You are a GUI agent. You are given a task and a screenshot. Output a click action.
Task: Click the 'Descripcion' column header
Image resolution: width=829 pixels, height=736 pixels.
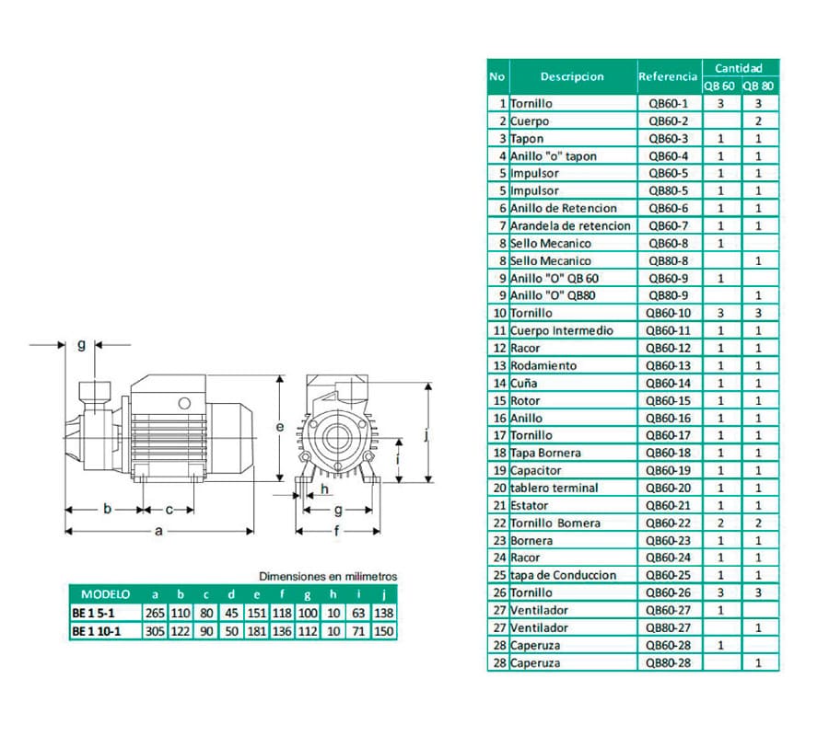[x=572, y=76]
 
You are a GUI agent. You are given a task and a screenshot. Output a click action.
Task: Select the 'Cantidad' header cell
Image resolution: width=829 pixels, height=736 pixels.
[x=740, y=68]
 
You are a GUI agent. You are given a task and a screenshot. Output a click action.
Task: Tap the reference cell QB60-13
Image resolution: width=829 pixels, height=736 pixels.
[x=668, y=365]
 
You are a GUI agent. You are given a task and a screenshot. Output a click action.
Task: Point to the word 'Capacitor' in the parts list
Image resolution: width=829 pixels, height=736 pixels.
[x=536, y=470]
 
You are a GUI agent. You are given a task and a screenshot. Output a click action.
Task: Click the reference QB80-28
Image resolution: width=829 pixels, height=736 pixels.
[x=668, y=662]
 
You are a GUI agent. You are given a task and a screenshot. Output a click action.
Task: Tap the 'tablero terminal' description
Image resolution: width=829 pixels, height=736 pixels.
[x=555, y=488]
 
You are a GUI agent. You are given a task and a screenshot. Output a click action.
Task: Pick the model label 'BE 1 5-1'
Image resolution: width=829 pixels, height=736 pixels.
[x=95, y=612]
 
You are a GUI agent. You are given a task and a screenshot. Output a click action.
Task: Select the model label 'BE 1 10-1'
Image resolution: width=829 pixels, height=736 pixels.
[x=98, y=630]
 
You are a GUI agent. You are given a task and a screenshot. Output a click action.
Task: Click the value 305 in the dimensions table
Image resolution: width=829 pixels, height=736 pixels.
[x=155, y=630]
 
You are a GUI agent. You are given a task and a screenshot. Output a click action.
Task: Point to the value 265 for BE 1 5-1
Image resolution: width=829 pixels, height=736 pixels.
[x=155, y=612]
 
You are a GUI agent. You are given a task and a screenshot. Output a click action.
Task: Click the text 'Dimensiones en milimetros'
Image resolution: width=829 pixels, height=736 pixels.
[x=328, y=577]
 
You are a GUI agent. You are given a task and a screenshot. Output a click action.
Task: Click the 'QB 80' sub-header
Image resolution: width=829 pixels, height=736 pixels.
[x=758, y=86]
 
